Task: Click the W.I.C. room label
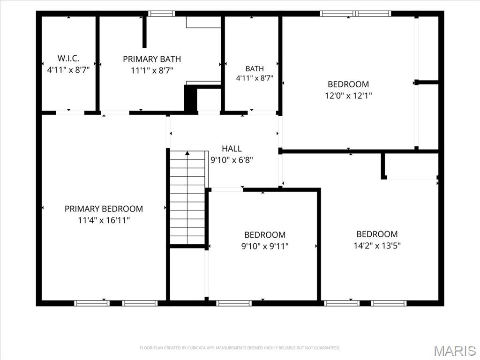(x=68, y=58)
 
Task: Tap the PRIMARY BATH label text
(x=152, y=59)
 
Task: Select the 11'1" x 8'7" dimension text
(x=152, y=70)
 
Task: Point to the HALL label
(x=232, y=149)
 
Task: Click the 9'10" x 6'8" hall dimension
(x=232, y=160)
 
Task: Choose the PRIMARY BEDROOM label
(x=104, y=209)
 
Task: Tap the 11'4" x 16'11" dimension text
(x=104, y=220)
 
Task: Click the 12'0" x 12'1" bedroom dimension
(x=348, y=96)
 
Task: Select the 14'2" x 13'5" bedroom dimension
(x=377, y=246)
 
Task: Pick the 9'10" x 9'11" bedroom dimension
(x=265, y=246)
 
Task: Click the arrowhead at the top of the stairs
(x=187, y=153)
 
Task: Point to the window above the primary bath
(x=162, y=14)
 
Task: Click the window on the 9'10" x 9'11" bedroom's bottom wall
(x=234, y=303)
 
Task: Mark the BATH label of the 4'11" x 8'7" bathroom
(x=255, y=68)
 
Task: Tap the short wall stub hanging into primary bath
(x=144, y=32)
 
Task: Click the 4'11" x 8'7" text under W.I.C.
(x=68, y=70)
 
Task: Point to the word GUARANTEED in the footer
(x=329, y=348)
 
